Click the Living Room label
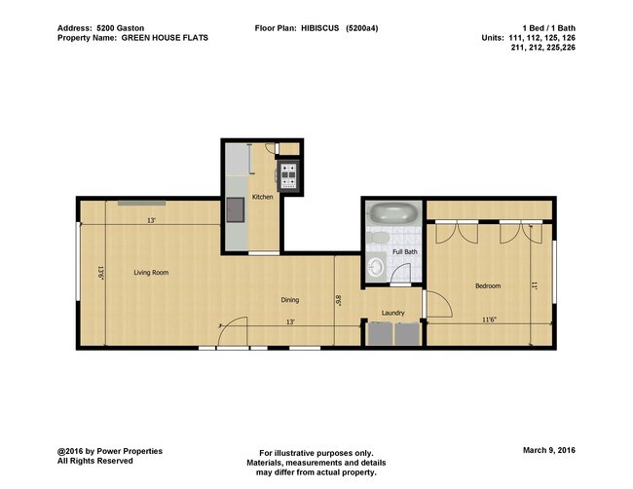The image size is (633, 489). [151, 273]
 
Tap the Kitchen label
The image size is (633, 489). [262, 197]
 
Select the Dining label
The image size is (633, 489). [290, 300]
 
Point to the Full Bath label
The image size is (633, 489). [404, 252]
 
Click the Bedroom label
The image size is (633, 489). [488, 285]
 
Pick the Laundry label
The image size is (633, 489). [393, 313]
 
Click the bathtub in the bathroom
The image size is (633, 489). [394, 212]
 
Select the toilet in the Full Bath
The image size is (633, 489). [381, 238]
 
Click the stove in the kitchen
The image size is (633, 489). [289, 175]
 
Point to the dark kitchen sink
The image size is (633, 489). [235, 209]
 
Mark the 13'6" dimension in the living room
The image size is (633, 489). [99, 274]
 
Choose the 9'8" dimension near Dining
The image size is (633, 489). [338, 301]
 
